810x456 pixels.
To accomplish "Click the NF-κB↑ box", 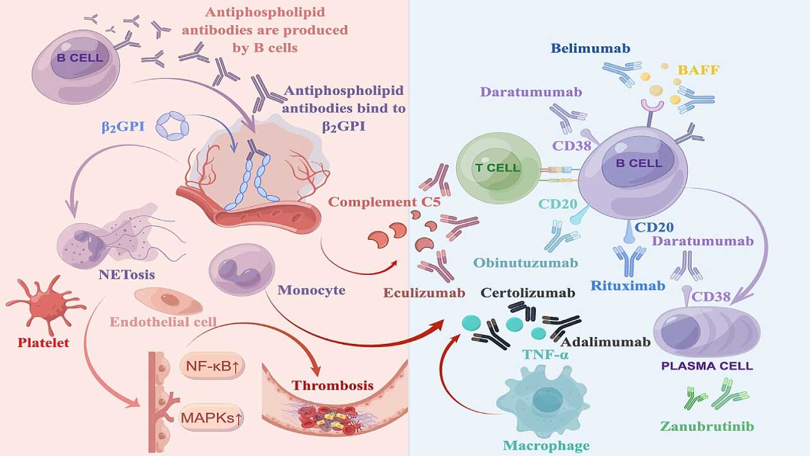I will (x=212, y=366).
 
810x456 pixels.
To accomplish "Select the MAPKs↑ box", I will (x=212, y=417).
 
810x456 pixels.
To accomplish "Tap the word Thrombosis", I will (x=333, y=385).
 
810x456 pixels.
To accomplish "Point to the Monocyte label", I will (x=311, y=290).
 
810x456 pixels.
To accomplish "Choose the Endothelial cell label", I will (x=163, y=322).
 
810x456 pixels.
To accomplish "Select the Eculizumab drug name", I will (x=424, y=293).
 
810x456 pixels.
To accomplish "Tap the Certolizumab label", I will (x=528, y=293).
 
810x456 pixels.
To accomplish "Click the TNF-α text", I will (x=545, y=355).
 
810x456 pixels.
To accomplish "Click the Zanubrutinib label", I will (x=707, y=426).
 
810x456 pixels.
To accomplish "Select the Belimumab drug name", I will (x=590, y=48).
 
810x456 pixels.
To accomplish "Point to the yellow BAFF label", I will (x=698, y=70).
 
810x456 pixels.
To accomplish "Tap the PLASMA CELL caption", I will (x=706, y=366).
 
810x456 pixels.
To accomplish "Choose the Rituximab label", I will (x=628, y=286).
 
